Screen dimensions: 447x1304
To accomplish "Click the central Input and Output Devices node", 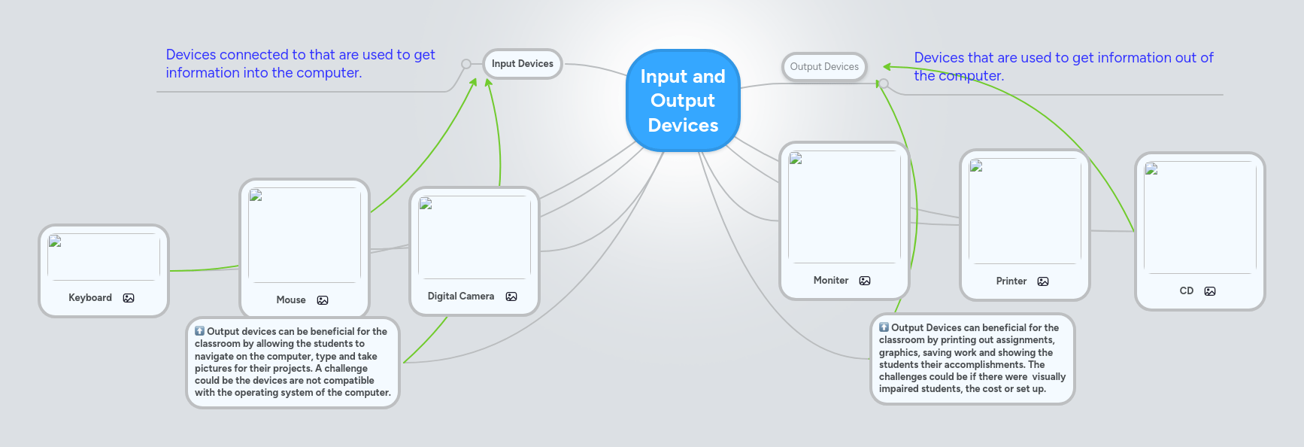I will click(683, 101).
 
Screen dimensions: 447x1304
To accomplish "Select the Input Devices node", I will click(522, 64).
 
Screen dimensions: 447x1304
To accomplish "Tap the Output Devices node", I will click(824, 67).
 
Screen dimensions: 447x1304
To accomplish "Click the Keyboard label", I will click(90, 298).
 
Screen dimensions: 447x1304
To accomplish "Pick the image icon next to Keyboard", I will click(129, 298).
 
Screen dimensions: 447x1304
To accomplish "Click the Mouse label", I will click(291, 300).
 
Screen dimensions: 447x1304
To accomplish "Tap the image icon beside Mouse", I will click(323, 300).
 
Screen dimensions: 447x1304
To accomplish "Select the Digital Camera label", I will click(461, 296).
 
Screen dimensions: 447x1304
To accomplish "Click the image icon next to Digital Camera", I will click(511, 296).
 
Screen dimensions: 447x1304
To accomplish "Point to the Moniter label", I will click(831, 281).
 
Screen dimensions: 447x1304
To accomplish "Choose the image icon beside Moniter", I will click(865, 281).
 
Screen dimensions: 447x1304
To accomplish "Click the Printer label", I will click(1011, 281).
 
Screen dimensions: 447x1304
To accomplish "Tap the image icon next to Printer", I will click(1043, 281).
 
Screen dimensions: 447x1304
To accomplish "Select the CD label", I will click(1187, 291).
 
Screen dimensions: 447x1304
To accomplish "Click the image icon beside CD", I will click(1210, 291).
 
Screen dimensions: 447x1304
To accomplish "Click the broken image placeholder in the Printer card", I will click(976, 166).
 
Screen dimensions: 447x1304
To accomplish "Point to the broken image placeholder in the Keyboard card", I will click(55, 242).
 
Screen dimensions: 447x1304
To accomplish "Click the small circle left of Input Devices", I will click(466, 64).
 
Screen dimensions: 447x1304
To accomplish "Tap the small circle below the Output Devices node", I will click(884, 84).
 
